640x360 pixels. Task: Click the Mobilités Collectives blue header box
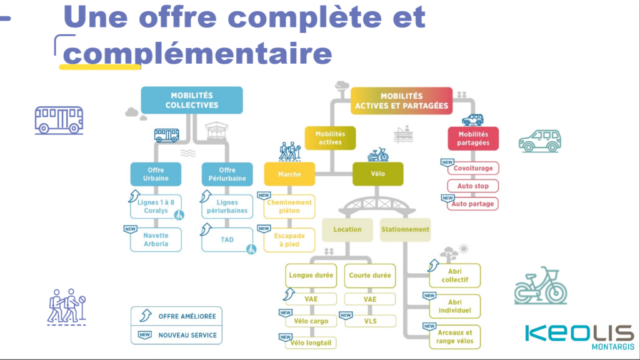coord(191,100)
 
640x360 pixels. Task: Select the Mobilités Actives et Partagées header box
coord(401,101)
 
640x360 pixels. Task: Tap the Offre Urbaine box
coord(156,174)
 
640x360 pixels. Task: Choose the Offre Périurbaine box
coord(227,174)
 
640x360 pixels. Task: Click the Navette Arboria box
coord(156,239)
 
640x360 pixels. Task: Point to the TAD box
coord(227,239)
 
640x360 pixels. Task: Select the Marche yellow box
coord(289,174)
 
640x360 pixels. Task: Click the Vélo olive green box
coord(377,174)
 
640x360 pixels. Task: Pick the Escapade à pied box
coord(290,240)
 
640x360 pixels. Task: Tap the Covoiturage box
coord(473,168)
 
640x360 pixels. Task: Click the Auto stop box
coord(473,186)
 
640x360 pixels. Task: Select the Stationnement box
coord(405,229)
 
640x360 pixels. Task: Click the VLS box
coord(370,321)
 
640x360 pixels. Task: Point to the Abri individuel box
coord(455,306)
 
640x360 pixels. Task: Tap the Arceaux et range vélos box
coord(455,337)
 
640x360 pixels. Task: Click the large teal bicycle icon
coord(541,286)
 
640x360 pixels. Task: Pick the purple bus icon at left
coord(59,119)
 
